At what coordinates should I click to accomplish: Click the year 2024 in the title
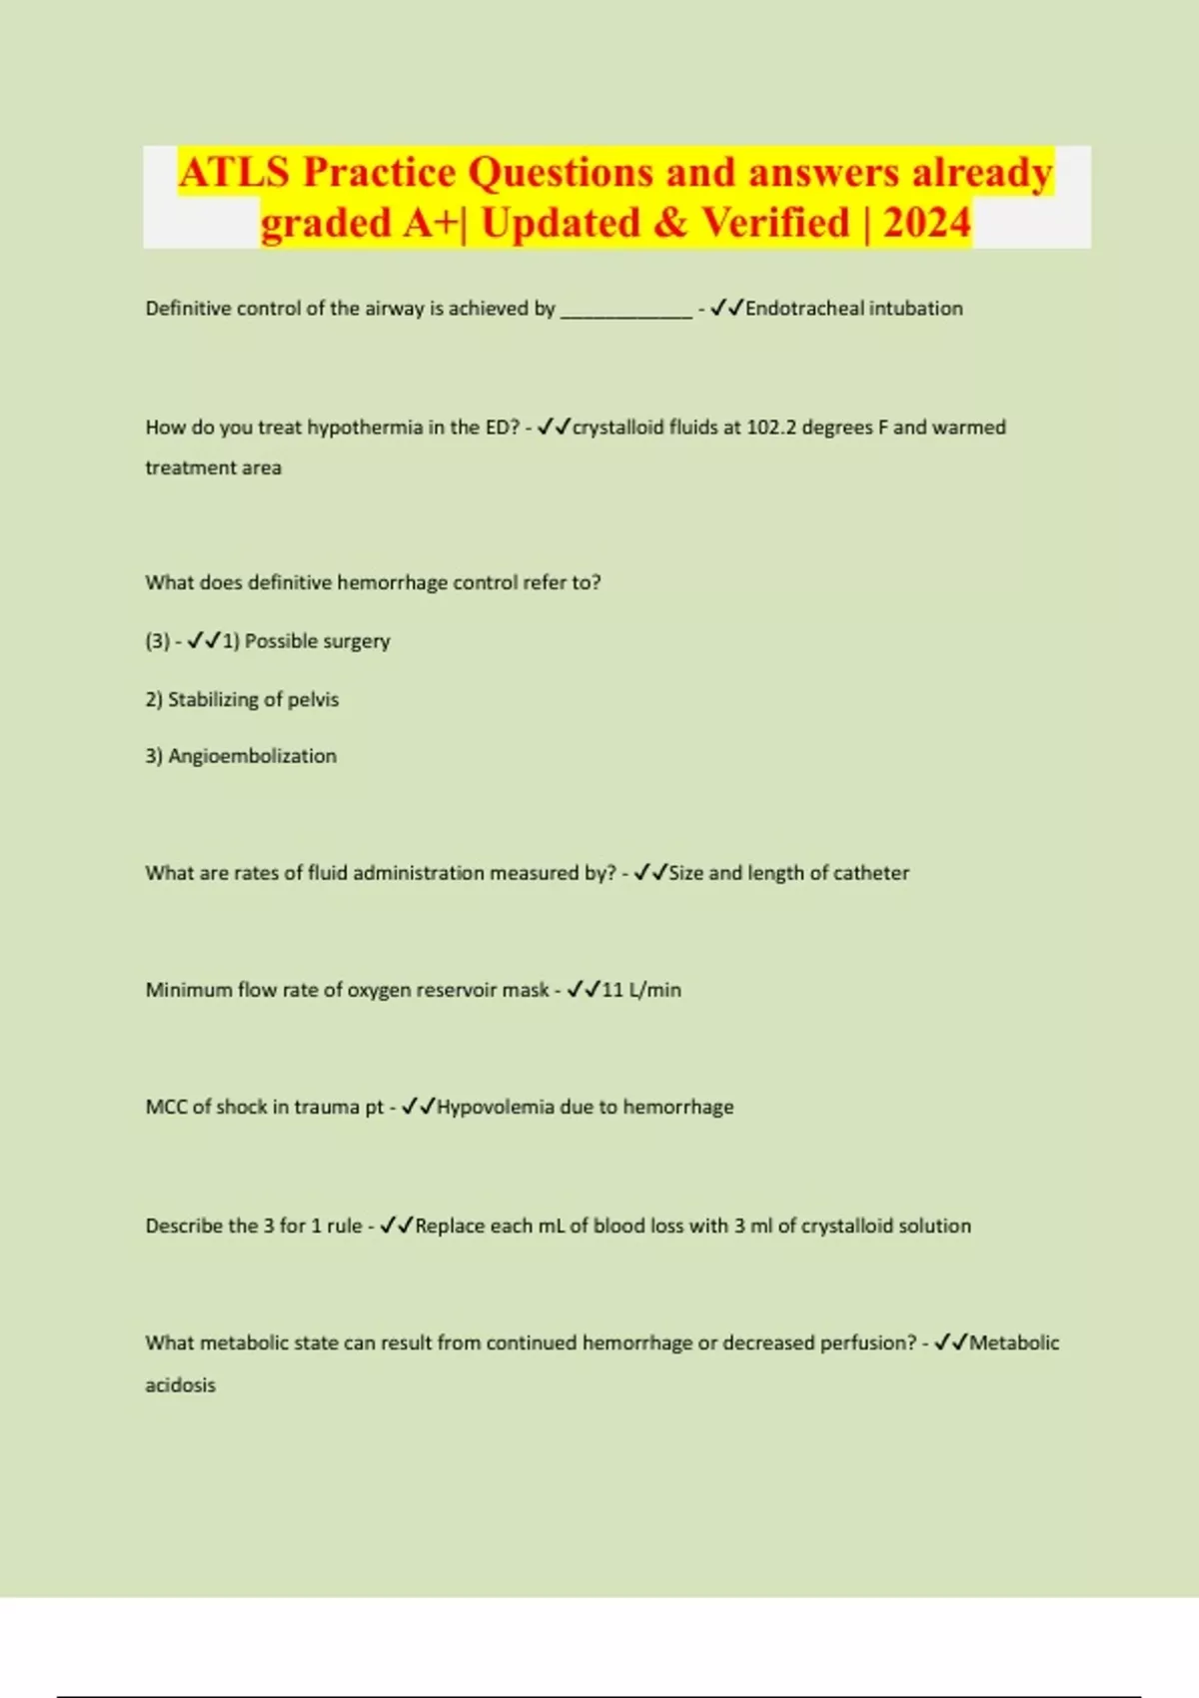(926, 222)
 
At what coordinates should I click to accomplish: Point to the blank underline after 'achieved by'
(626, 311)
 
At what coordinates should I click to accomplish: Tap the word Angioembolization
(252, 756)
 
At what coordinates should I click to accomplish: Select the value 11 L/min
(641, 990)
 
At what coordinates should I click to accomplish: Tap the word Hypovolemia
(496, 1107)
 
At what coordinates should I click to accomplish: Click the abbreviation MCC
(165, 1107)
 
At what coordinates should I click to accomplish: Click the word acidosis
(180, 1385)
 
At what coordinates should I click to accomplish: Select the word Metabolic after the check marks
(1014, 1343)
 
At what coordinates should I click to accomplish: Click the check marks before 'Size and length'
(650, 873)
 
